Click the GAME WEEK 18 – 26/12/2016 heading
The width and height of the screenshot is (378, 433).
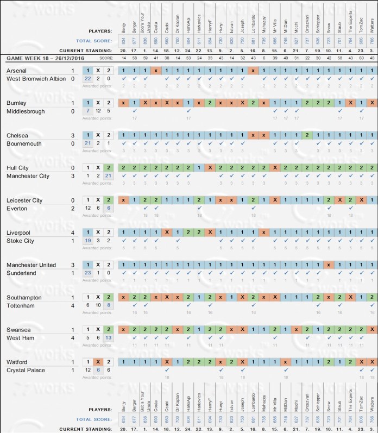[x=49, y=58]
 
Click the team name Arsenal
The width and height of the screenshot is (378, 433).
[x=17, y=71]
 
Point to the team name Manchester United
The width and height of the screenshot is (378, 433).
[x=31, y=265]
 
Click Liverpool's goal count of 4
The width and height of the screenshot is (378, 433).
[x=73, y=233]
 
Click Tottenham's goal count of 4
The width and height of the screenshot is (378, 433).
[x=73, y=306]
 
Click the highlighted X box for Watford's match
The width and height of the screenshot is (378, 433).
[x=98, y=362]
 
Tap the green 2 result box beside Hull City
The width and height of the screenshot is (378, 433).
[x=109, y=168]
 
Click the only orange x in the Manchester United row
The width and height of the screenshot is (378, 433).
[x=328, y=265]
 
